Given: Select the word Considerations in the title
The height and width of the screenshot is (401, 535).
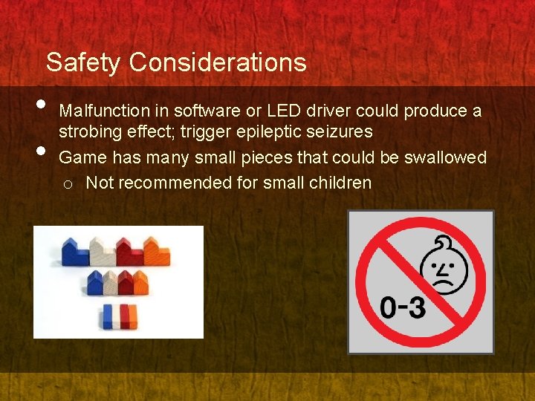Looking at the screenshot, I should [217, 62].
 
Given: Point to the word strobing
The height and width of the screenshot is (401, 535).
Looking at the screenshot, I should [91, 132].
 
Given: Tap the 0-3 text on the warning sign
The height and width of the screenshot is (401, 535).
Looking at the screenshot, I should [403, 306].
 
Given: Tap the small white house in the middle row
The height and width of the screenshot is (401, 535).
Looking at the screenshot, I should [110, 283].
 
